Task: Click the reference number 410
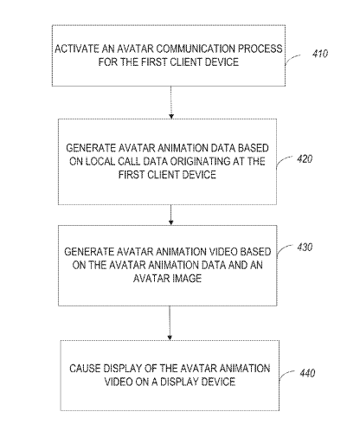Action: click(x=320, y=54)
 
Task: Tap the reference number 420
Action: click(x=305, y=159)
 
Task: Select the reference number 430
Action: click(x=305, y=248)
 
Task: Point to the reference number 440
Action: click(x=307, y=373)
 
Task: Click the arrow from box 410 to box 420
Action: click(x=171, y=102)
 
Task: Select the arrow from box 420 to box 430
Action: click(x=171, y=215)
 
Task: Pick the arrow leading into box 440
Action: click(x=170, y=323)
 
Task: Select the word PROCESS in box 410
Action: click(x=260, y=48)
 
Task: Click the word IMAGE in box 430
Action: click(x=187, y=279)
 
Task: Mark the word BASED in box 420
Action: click(x=254, y=148)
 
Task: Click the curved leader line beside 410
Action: click(x=292, y=59)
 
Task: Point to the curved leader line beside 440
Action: click(x=286, y=374)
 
